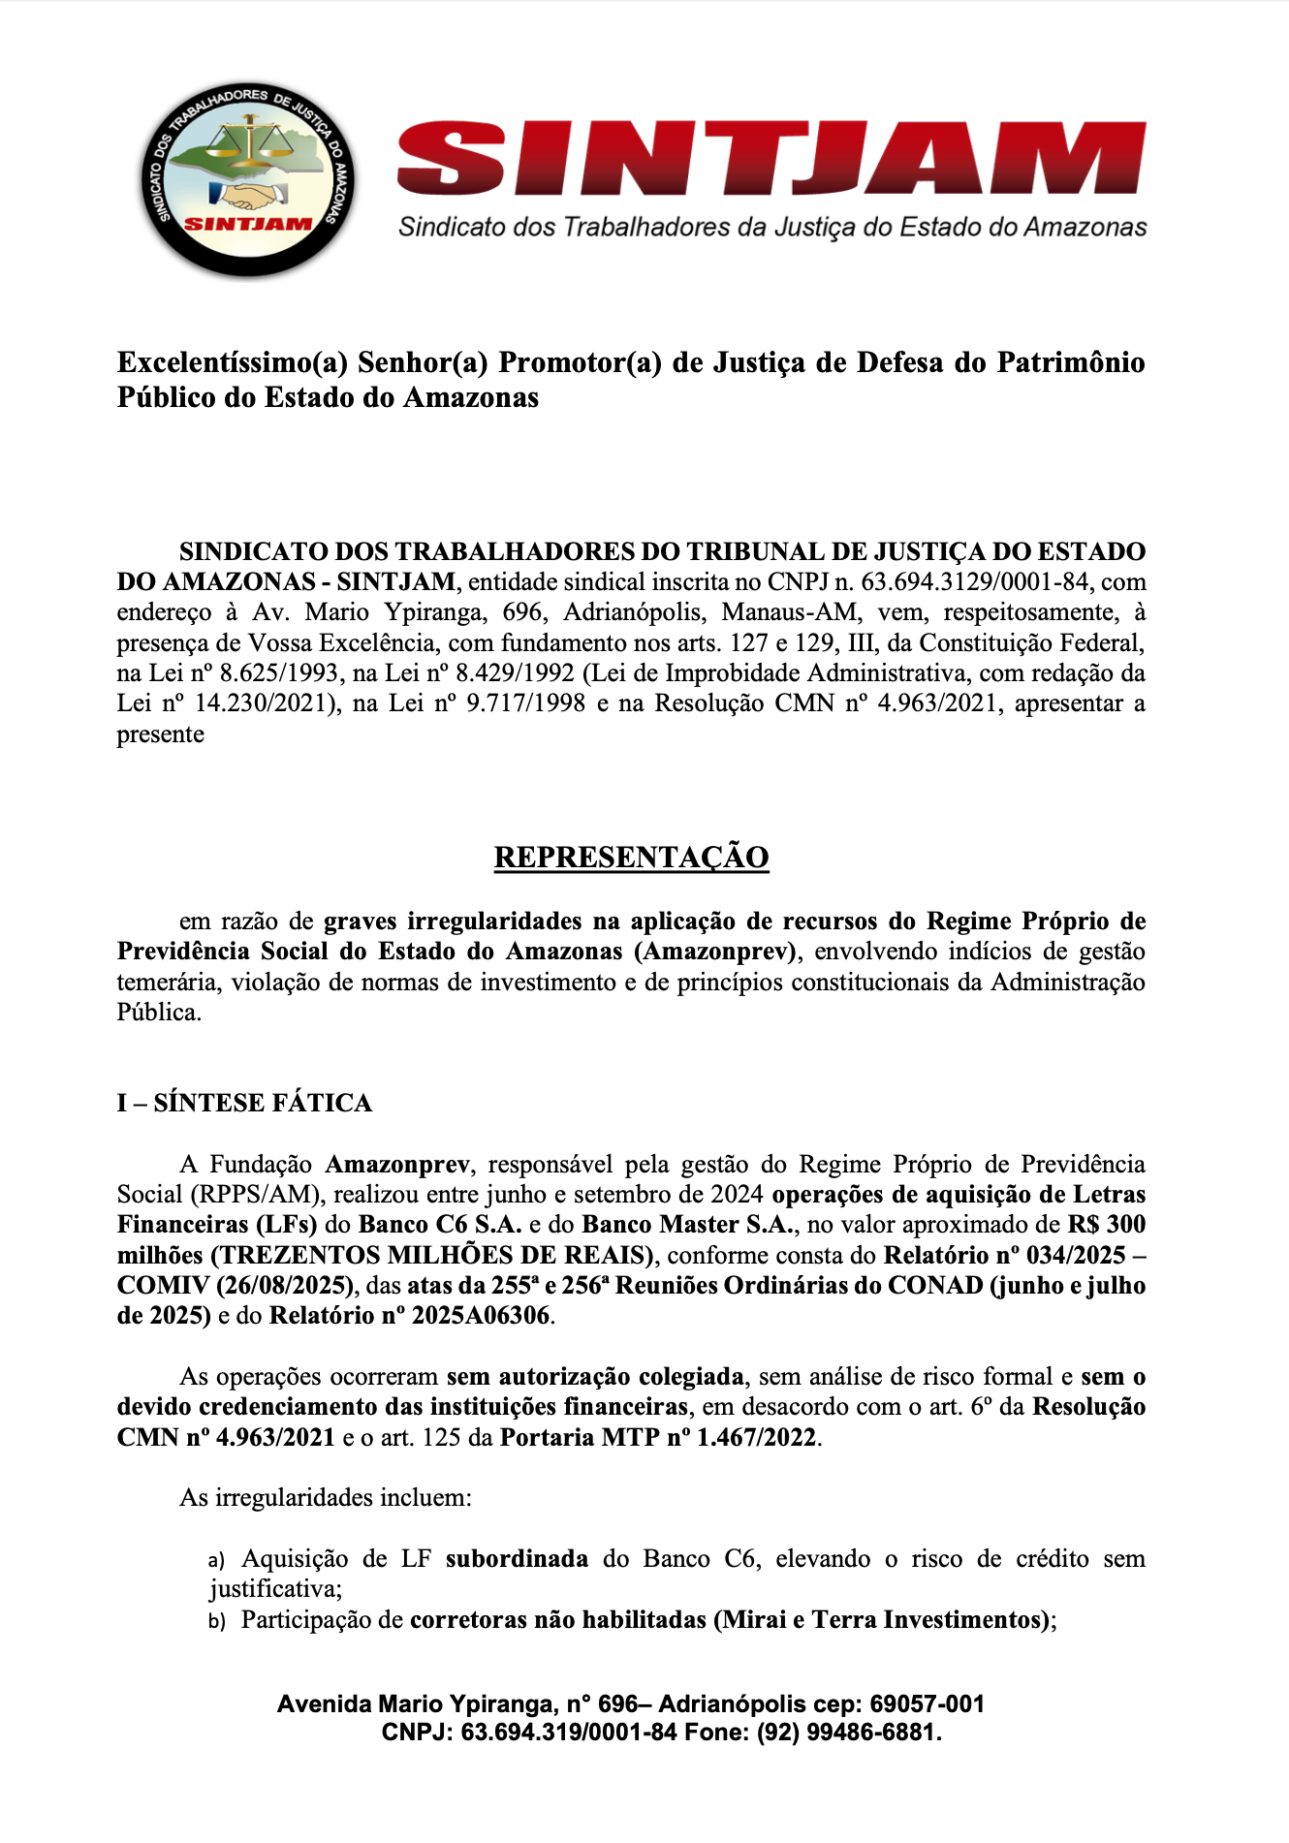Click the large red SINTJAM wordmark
click(771, 158)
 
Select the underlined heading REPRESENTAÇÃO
click(631, 858)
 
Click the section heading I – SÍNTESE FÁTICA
click(244, 1103)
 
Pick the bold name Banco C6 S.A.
click(440, 1225)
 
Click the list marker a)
click(217, 1561)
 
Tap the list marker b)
click(217, 1621)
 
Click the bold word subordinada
click(517, 1559)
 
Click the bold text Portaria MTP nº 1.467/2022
click(659, 1438)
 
